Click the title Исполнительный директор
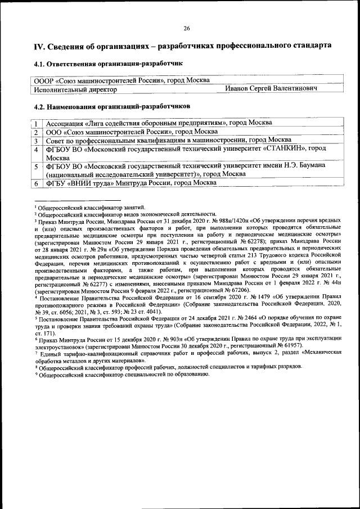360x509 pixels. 75,89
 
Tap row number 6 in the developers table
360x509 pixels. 35,183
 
